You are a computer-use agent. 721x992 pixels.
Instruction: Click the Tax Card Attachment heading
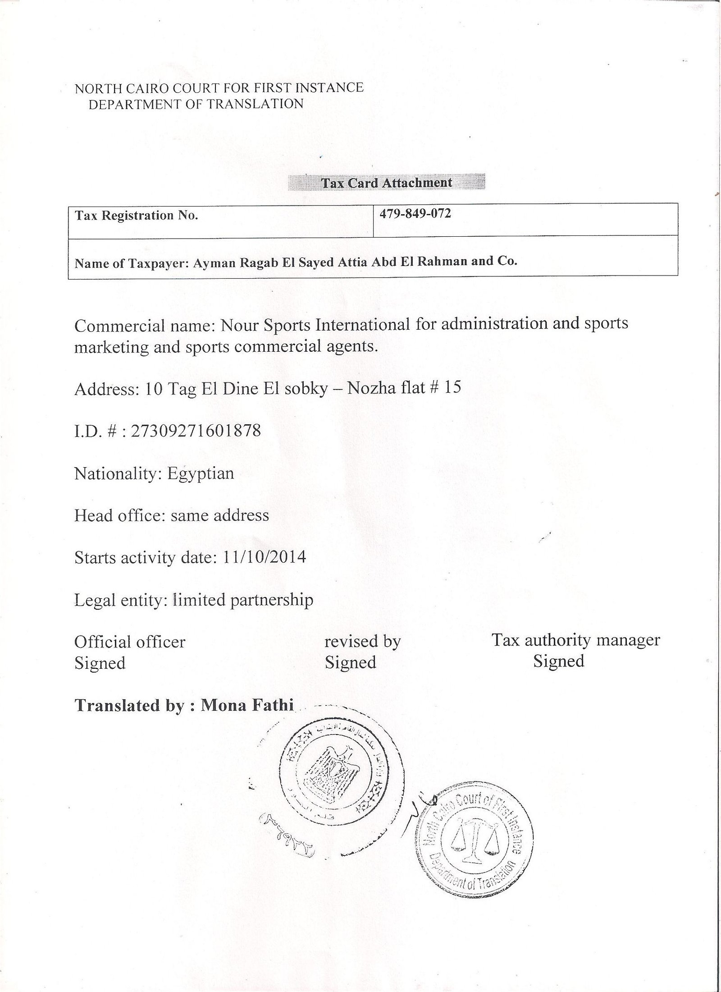(386, 183)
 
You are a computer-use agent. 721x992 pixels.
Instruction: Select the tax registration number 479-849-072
(415, 214)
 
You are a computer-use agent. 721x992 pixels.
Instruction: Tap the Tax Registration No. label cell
(137, 216)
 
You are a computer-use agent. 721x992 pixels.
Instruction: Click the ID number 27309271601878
(196, 431)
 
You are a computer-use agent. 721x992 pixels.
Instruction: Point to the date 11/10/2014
(265, 557)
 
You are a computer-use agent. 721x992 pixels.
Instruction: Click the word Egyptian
(201, 473)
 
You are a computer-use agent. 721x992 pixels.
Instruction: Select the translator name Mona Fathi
(247, 704)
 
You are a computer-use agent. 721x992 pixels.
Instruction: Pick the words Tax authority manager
(575, 640)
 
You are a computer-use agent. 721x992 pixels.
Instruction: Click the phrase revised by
(362, 641)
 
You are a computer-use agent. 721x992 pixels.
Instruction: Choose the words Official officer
(130, 642)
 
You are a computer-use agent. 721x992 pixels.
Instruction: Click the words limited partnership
(243, 600)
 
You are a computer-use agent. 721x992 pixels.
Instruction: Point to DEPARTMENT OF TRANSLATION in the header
(196, 104)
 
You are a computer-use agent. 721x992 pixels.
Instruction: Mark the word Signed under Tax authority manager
(559, 661)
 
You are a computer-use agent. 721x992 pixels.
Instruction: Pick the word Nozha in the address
(369, 388)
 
